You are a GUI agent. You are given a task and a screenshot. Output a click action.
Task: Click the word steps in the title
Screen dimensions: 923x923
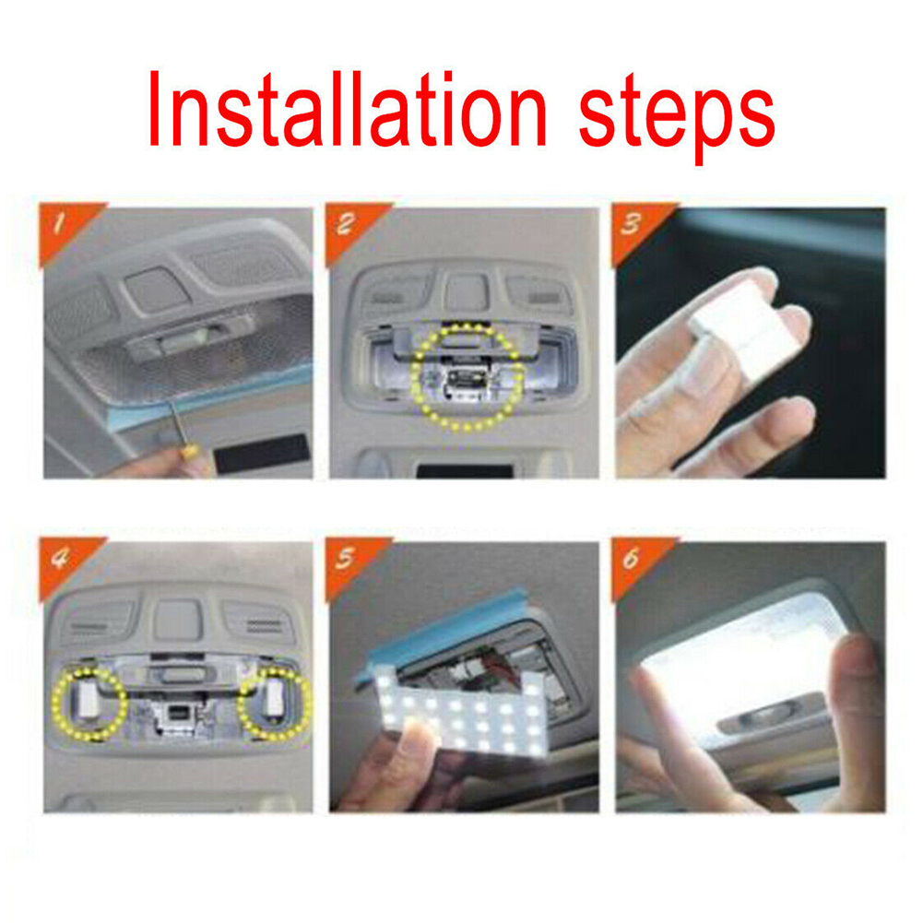(677, 118)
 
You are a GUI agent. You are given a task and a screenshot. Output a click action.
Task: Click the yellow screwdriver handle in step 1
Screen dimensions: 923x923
(190, 452)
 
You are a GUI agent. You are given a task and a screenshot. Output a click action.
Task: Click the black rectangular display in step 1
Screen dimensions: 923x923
(262, 455)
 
